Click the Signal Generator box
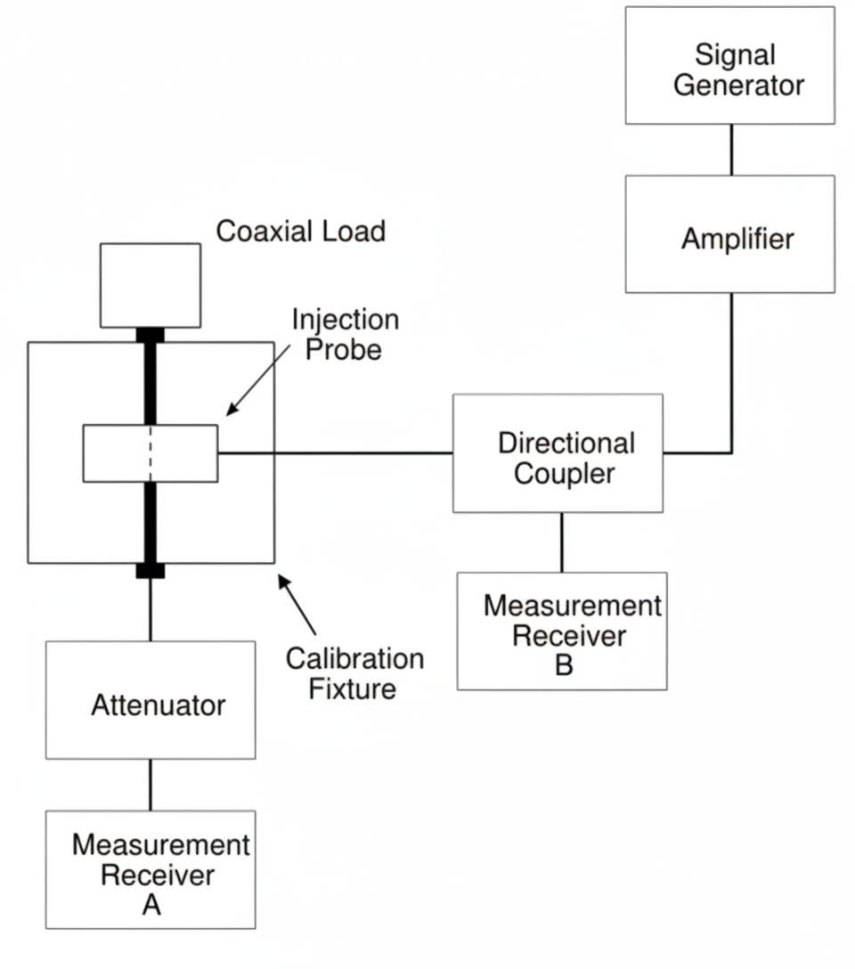[x=729, y=66]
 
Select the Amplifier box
[x=729, y=234]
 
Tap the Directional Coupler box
[x=558, y=453]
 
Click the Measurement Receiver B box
[x=562, y=631]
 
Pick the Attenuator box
[x=151, y=701]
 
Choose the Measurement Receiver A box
[x=151, y=870]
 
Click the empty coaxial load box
[x=151, y=285]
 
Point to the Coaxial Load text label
[x=301, y=232]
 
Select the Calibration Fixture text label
[x=354, y=674]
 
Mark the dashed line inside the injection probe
[x=150, y=453]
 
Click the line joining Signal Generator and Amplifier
[x=731, y=150]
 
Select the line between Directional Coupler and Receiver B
[x=561, y=542]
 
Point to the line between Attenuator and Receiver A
[x=150, y=785]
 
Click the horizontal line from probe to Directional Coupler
[x=335, y=453]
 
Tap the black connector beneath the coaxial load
[x=150, y=335]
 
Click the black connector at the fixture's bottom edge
[x=150, y=571]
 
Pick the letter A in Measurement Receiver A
[x=151, y=906]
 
